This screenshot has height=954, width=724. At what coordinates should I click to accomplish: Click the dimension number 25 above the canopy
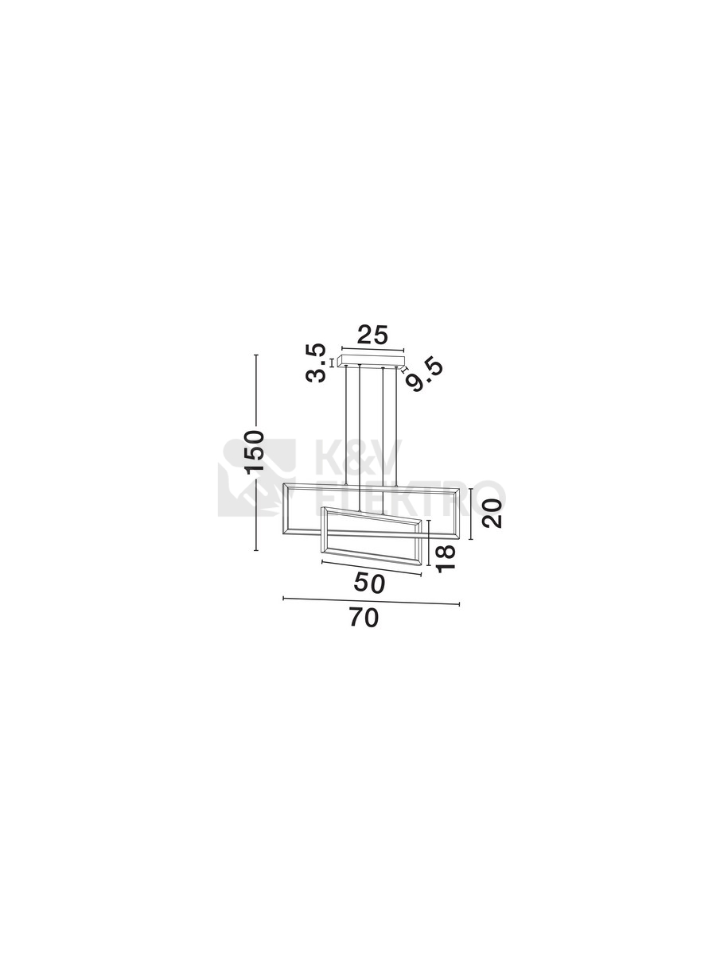tap(372, 335)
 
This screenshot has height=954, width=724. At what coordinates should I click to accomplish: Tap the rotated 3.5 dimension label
tap(316, 363)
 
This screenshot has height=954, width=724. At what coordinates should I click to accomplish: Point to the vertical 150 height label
tap(255, 452)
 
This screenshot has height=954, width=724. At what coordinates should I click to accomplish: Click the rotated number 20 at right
tap(492, 514)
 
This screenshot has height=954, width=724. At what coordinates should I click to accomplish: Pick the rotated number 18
tap(446, 559)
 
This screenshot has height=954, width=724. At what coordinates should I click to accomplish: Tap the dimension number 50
tap(368, 583)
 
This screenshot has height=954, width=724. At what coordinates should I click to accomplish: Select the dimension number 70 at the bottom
tap(364, 618)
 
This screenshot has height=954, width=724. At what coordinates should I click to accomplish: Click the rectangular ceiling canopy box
tap(372, 362)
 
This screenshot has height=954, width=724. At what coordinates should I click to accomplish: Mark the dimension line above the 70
tap(371, 601)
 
